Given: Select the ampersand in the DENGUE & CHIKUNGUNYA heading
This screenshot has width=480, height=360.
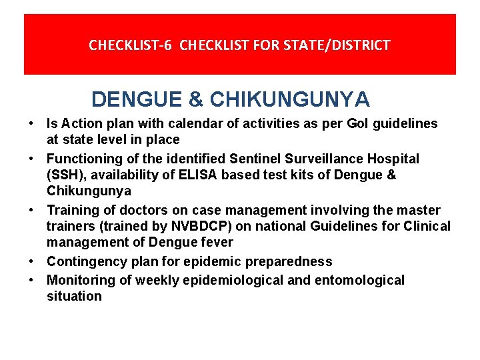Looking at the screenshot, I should (x=196, y=99).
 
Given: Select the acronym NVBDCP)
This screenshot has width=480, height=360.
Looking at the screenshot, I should (x=195, y=227).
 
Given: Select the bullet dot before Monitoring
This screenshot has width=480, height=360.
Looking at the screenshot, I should (x=31, y=280).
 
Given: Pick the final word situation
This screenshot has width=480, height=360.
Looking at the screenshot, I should (x=74, y=296).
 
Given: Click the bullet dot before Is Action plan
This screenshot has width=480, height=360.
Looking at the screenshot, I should (x=31, y=123).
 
